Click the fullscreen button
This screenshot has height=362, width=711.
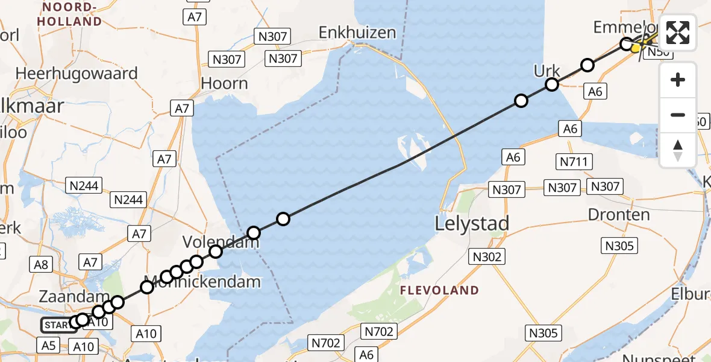(x=678, y=33)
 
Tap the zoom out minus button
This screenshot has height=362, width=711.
(x=678, y=115)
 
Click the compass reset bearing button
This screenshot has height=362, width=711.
(x=678, y=150)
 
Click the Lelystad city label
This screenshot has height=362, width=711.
(x=472, y=224)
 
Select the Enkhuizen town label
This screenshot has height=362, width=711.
(x=357, y=32)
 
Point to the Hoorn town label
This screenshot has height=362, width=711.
(x=225, y=83)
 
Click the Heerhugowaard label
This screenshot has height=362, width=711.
(x=77, y=74)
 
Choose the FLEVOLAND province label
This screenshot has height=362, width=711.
(x=439, y=290)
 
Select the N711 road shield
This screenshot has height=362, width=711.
(x=575, y=162)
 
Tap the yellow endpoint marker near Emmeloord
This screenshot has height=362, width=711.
(x=636, y=48)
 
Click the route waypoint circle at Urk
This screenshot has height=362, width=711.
(x=551, y=84)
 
